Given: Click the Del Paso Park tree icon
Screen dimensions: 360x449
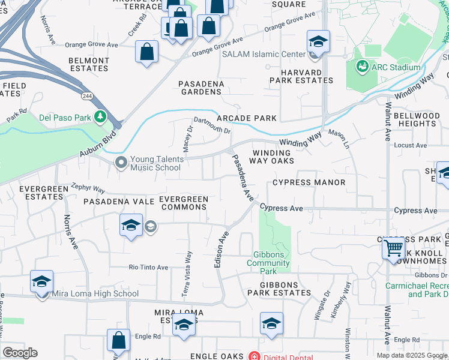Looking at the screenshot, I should tap(100, 116).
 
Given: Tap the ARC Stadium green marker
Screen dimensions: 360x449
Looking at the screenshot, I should tap(362, 67).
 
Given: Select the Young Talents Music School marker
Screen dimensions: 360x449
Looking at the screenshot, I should tap(122, 163).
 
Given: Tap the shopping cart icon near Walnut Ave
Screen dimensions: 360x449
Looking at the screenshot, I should tap(393, 247).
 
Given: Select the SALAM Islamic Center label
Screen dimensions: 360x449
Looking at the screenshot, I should tap(264, 55).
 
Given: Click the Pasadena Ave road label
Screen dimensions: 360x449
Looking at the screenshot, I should tap(244, 178).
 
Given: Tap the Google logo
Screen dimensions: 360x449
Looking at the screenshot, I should tap(20, 353).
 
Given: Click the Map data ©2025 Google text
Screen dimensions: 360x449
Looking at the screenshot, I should tap(412, 355).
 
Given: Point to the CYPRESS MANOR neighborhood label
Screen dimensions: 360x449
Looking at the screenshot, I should tap(309, 182).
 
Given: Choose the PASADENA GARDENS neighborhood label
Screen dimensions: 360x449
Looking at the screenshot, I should tap(201, 88).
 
